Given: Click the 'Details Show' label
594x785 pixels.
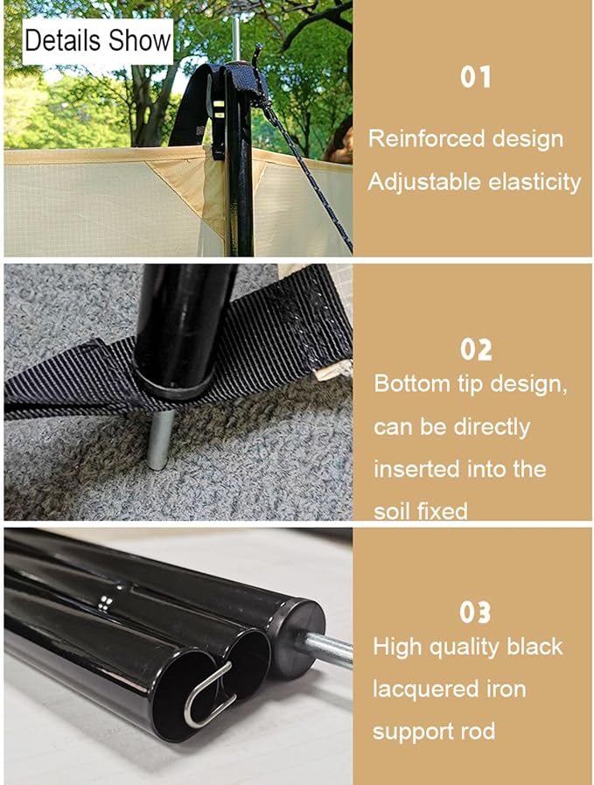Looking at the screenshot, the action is pyautogui.click(x=98, y=40).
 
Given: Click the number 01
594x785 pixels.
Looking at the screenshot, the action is pyautogui.click(x=475, y=78).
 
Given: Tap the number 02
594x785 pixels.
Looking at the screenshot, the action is pyautogui.click(x=476, y=349).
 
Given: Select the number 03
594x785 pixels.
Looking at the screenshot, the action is pyautogui.click(x=475, y=613).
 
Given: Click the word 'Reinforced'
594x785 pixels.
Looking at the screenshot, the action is pyautogui.click(x=426, y=138).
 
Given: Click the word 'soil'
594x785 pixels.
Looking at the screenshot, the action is pyautogui.click(x=392, y=512).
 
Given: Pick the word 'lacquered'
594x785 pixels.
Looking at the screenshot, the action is pyautogui.click(x=425, y=690).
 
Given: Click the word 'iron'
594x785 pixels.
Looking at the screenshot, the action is pyautogui.click(x=506, y=690).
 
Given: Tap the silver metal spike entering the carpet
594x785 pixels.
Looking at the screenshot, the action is pyautogui.click(x=161, y=439).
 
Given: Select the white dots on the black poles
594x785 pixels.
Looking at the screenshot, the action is pyautogui.click(x=104, y=603).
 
